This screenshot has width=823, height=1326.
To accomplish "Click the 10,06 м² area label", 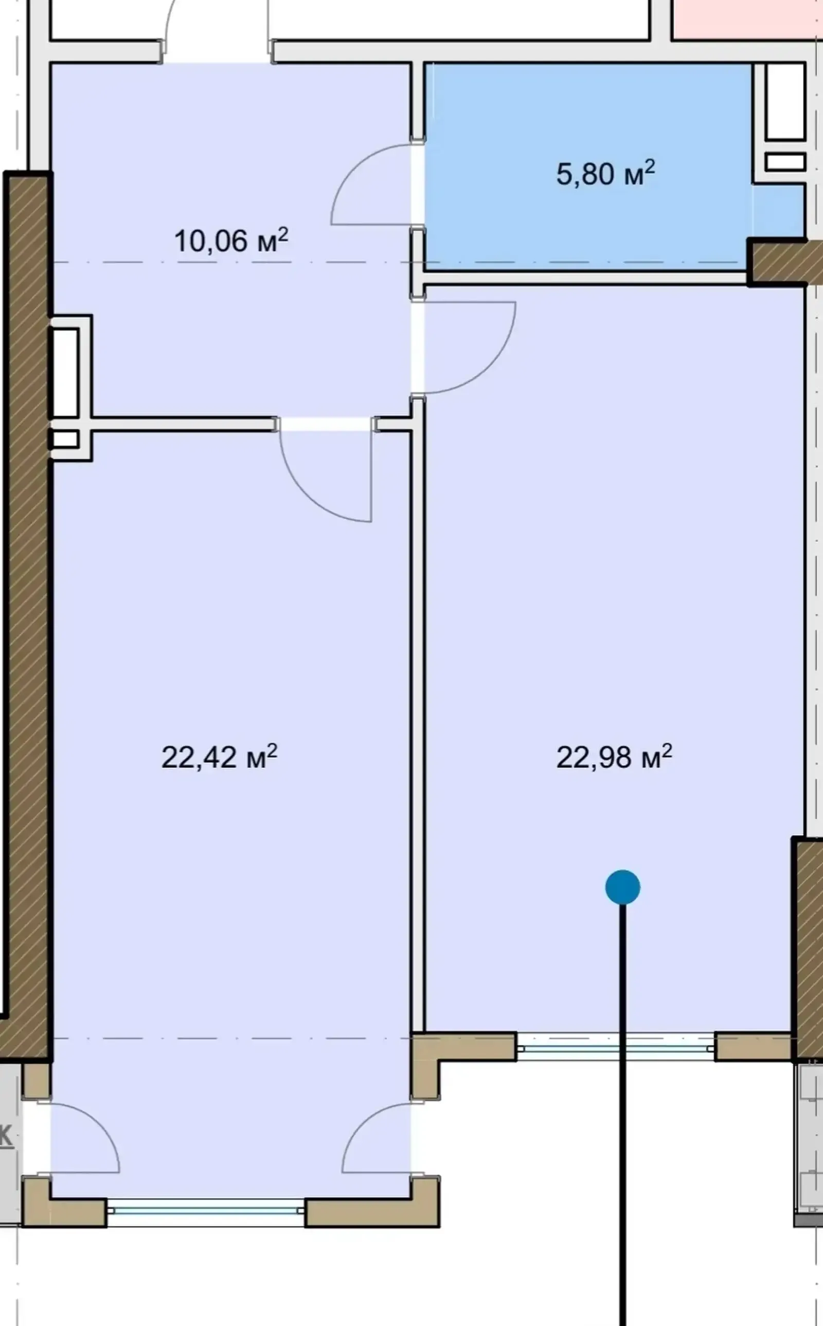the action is pos(231,241).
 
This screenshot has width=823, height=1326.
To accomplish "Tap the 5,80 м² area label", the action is pos(605,174).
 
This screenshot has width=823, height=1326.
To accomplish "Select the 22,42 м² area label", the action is pos(219,756).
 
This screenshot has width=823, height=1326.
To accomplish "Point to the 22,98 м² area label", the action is pos(614,756).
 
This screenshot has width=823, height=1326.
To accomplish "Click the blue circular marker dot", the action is pos(623,887).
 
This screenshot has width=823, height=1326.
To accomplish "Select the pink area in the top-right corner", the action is pos(747,19).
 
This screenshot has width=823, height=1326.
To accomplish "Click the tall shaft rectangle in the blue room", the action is pos(785,102).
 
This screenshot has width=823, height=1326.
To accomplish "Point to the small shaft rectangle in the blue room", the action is pos(785,162).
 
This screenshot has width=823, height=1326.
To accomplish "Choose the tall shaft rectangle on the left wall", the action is pos(65,372).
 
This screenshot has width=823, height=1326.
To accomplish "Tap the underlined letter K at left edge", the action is pos(5,1136).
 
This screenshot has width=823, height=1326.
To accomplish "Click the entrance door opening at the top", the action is pos(217,52).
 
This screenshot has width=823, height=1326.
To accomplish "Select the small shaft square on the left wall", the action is pos(65,440).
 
